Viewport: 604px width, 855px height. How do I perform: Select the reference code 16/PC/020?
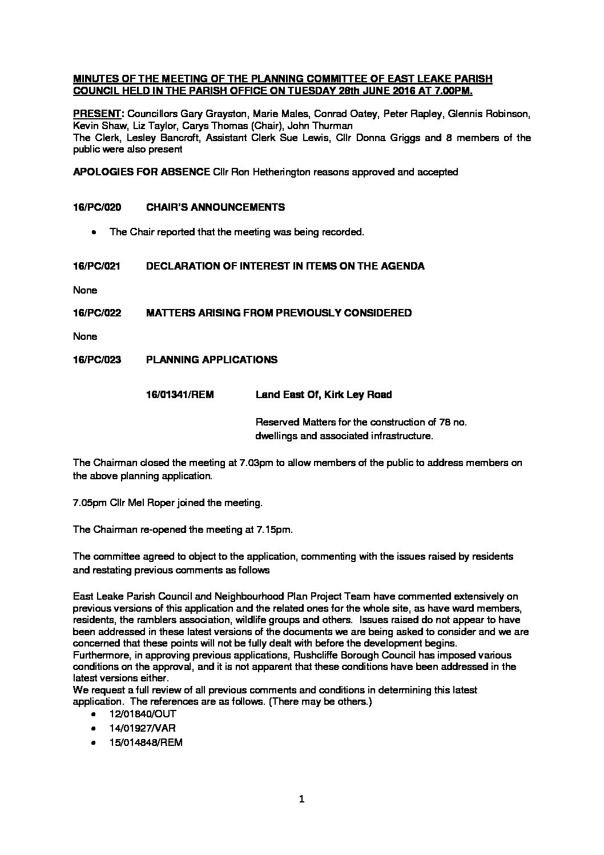[x=97, y=207]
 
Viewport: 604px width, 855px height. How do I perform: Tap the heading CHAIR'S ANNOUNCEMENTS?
[x=215, y=207]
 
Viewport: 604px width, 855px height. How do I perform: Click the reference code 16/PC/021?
[x=97, y=266]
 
